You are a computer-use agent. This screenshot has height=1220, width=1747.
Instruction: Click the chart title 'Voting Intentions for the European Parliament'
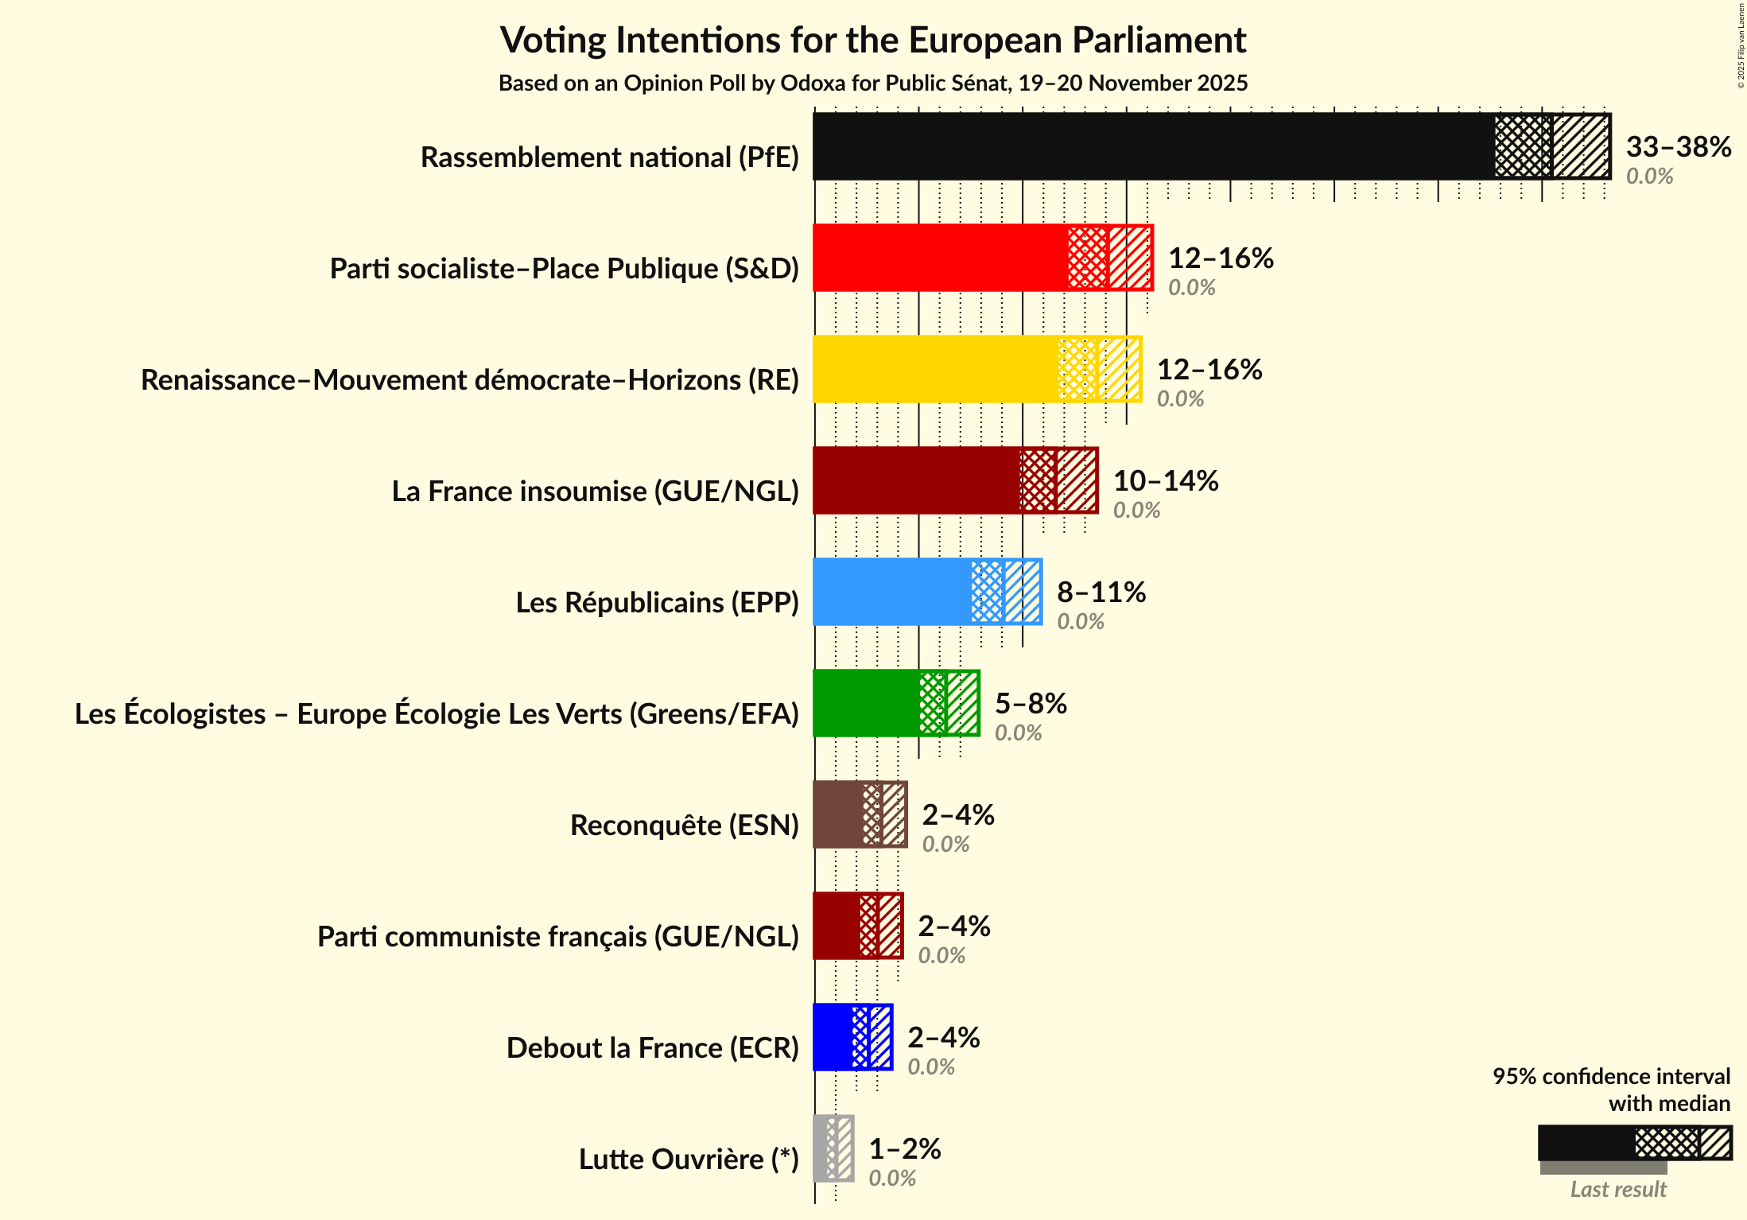872,41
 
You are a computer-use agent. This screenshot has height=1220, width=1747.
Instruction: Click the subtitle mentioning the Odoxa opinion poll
872,84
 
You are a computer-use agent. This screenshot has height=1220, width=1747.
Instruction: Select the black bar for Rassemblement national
1153,146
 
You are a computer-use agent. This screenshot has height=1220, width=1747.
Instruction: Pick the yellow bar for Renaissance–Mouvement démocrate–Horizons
935,369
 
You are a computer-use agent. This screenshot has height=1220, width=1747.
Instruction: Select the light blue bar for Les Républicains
891,592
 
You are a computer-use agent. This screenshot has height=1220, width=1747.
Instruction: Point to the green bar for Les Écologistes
865,703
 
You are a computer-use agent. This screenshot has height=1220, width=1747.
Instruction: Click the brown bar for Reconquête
837,814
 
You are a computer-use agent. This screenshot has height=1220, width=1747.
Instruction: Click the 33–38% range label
1678,147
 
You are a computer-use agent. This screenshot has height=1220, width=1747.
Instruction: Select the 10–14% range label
1165,481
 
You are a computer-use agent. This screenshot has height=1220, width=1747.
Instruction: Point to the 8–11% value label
1101,593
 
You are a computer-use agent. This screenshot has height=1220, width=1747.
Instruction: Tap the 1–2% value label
904,1149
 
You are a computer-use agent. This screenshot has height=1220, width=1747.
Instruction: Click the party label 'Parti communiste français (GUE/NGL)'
557,937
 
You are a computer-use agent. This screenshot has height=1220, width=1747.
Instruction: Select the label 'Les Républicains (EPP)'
657,603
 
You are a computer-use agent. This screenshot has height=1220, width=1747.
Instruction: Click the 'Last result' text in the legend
1617,1189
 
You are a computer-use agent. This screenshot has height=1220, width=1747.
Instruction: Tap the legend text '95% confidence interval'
1610,1076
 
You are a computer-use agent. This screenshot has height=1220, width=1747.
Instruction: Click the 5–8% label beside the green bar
1031,704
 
